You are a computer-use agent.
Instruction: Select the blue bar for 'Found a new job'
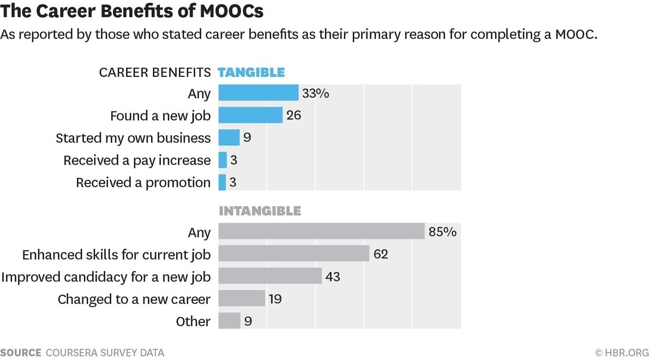[x=250, y=115]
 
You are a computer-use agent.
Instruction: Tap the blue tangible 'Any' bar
[x=259, y=93]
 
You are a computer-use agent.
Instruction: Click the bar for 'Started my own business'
[x=229, y=137]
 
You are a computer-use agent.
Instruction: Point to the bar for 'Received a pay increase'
[x=223, y=160]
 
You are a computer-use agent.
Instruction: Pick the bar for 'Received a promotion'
[x=222, y=182]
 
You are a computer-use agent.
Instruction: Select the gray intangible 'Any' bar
[x=321, y=231]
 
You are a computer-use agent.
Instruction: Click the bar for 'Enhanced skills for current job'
[x=294, y=254]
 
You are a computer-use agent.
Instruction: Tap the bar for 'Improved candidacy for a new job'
[x=270, y=276]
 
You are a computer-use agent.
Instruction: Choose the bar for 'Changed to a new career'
[x=242, y=298]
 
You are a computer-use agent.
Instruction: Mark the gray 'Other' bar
[x=229, y=321]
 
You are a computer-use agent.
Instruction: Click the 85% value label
[x=442, y=232]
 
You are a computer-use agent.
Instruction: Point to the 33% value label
[x=316, y=93]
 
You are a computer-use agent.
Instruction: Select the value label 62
[x=381, y=254]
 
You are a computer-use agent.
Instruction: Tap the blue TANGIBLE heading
[x=251, y=72]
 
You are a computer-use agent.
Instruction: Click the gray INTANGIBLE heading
[x=260, y=211]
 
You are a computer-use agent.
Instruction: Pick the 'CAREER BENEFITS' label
[x=154, y=73]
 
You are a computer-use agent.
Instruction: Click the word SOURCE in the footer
[x=21, y=352]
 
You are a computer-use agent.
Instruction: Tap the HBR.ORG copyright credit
[x=621, y=352]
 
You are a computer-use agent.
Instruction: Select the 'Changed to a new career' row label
[x=134, y=299]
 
